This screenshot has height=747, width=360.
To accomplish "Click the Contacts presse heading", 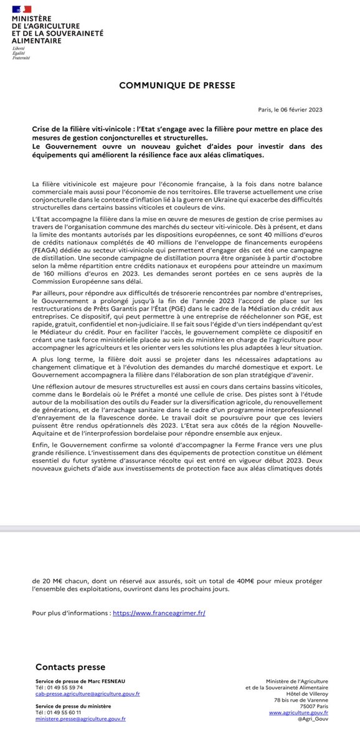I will click(70, 667).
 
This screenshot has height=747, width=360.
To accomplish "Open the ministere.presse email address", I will click(81, 718).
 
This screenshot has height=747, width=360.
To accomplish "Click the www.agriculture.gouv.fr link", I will click(299, 712).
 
